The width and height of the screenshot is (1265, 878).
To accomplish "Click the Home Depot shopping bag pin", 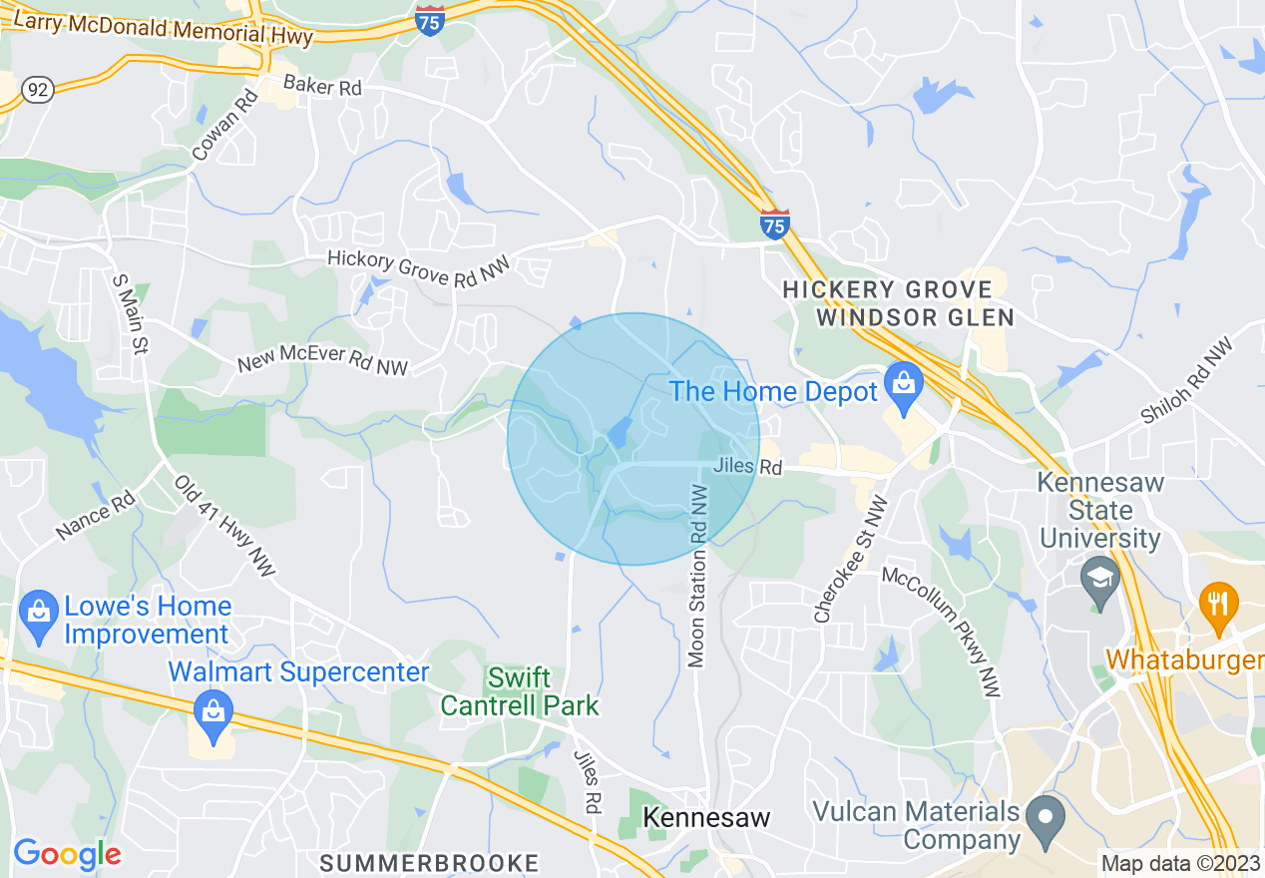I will coord(904,388).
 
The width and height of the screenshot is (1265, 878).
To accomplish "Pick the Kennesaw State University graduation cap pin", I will coord(1100,581).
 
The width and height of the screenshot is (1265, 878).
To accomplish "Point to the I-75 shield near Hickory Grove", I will coord(774,225).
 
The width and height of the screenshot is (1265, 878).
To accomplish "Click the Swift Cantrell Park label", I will coord(520,691).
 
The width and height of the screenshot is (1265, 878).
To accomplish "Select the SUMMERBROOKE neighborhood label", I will coord(429,863).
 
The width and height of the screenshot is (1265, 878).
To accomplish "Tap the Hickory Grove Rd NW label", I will coord(419,269).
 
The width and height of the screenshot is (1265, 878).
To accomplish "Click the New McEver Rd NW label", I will coord(322,359).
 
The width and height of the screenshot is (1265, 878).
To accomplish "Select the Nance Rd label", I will coord(96,515).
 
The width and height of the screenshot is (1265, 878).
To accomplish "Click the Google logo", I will coord(67,854).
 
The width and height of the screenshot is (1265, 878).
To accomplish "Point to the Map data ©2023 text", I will coord(1180,863).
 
